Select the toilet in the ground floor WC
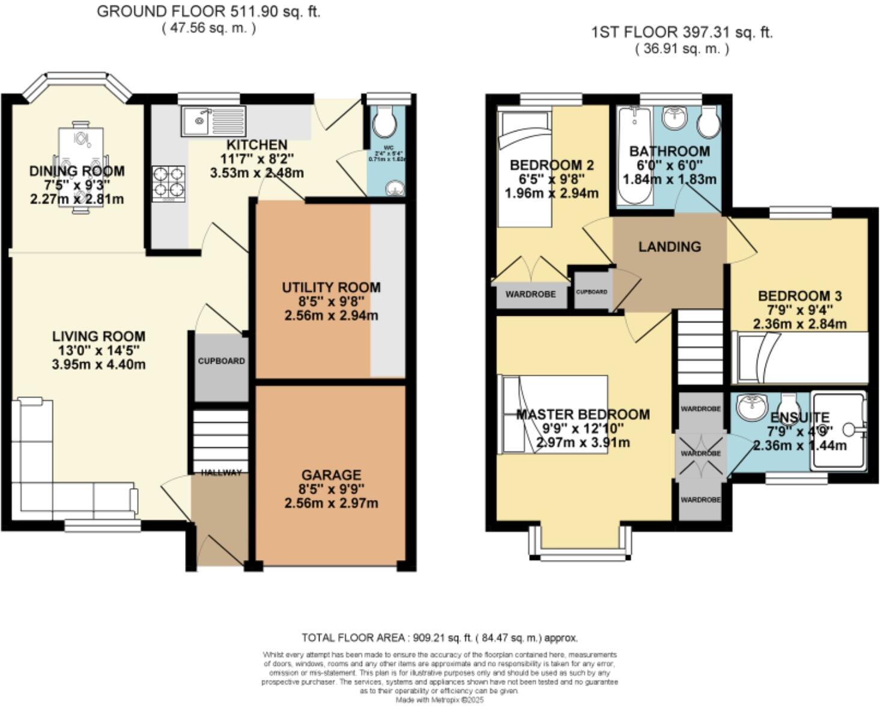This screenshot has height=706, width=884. (384, 123)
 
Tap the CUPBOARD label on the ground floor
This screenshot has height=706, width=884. (221, 361)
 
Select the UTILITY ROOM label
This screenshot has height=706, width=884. (331, 288)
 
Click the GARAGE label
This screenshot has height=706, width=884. (331, 475)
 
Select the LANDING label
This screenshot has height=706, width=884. (669, 247)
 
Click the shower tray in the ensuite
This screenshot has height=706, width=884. (838, 430)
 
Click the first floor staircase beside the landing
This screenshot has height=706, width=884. (700, 347)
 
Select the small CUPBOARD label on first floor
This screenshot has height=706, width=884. (592, 292)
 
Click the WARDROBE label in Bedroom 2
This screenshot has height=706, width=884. (530, 294)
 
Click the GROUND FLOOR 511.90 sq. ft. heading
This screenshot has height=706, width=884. (208, 12)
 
